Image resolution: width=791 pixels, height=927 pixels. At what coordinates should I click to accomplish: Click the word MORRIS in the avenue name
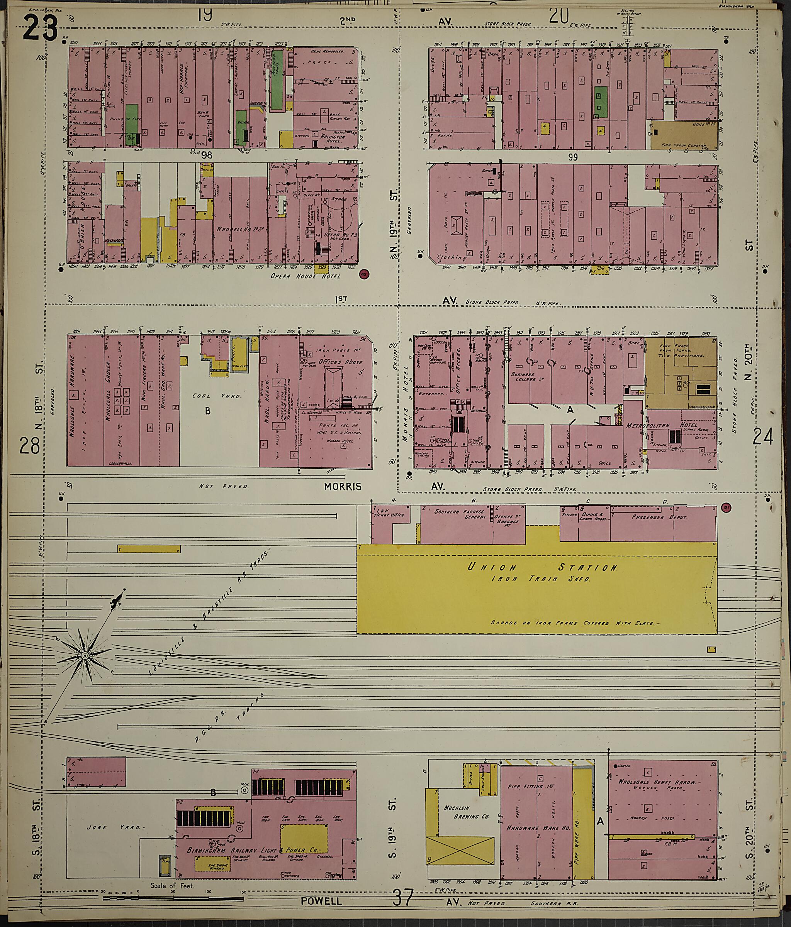click(343, 486)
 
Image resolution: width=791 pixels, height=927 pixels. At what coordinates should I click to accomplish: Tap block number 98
click(206, 155)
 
